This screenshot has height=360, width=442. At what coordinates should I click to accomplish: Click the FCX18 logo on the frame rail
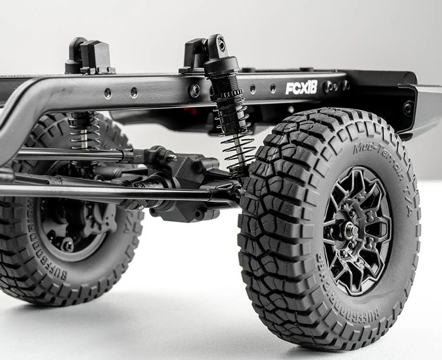tap(301, 87)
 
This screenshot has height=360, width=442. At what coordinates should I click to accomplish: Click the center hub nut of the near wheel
tap(351, 229)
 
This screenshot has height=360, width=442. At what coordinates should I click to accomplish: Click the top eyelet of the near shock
tap(221, 45)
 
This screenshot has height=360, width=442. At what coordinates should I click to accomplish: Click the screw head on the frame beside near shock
tap(195, 90)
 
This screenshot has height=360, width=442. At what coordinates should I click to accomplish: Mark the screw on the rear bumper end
tap(408, 108)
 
